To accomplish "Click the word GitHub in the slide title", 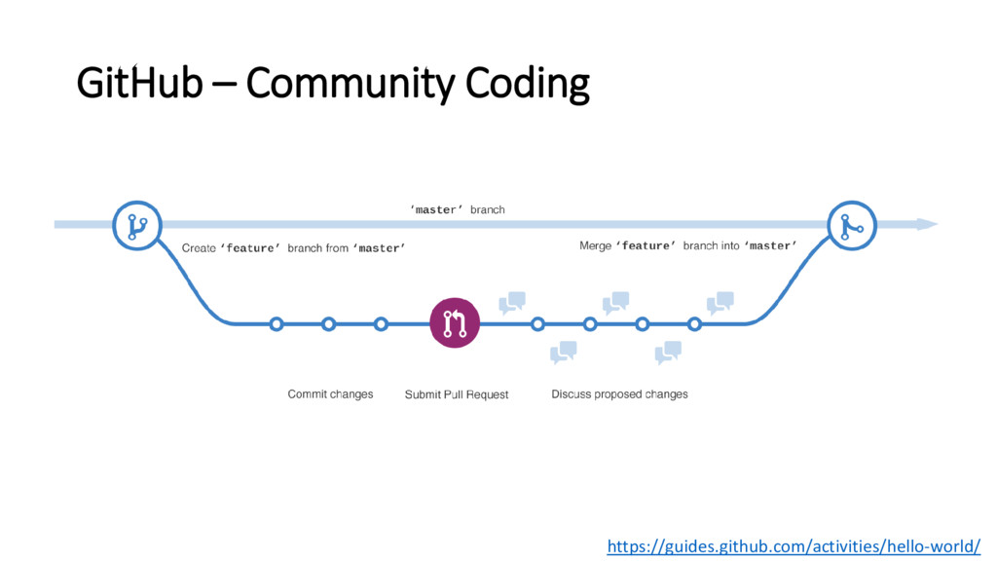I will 139,85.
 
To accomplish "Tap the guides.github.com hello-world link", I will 794,546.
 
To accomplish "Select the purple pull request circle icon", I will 455,323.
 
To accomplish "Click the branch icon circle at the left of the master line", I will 136,226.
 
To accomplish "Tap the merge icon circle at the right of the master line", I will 851,226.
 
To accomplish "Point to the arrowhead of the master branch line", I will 927,224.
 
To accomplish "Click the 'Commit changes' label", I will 330,394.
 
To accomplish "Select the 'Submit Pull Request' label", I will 457,394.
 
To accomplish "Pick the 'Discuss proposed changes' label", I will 619,394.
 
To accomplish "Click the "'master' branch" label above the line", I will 457,209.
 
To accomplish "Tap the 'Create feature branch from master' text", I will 293,248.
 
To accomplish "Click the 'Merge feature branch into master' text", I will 688,246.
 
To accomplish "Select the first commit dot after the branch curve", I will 277,323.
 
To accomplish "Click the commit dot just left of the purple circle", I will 381,323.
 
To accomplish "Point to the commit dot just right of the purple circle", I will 537,323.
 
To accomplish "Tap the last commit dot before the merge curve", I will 694,323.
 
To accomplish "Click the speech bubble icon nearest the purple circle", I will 512,303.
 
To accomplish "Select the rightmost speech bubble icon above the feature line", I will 720,303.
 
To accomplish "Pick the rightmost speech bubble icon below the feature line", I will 668,353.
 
